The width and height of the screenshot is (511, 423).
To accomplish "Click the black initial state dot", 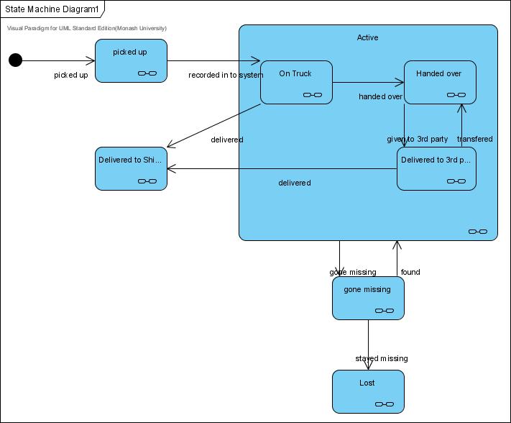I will [x=15, y=60].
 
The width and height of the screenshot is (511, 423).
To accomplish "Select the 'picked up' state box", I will [x=131, y=60].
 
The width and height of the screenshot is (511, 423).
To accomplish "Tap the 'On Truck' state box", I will [x=295, y=82].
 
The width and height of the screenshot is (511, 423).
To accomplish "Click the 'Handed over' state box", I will [x=439, y=82].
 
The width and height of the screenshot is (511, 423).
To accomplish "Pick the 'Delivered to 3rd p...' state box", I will [x=436, y=168].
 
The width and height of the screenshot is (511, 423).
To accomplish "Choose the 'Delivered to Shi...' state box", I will [x=131, y=168].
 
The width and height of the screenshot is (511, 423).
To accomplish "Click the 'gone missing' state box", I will [x=368, y=298].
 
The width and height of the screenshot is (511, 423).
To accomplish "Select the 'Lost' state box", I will [x=368, y=391].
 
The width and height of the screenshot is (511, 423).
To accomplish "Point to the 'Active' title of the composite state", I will [x=367, y=37].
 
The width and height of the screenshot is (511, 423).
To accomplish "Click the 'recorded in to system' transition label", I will [x=226, y=75].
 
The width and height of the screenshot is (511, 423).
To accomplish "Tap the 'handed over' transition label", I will [x=380, y=96].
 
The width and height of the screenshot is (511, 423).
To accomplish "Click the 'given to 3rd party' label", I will [x=417, y=139].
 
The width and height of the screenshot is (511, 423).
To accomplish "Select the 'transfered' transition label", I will [x=474, y=139].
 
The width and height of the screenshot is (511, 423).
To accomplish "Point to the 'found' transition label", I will [x=410, y=272].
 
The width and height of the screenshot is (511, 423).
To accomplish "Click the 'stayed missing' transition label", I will [x=381, y=358].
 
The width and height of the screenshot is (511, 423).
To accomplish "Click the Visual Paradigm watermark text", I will [x=86, y=28].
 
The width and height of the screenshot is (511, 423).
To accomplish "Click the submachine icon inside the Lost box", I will [x=385, y=404].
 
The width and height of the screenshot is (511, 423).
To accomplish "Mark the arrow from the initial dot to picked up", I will [x=57, y=60].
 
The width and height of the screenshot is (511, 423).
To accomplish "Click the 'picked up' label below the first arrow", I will [x=71, y=75].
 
